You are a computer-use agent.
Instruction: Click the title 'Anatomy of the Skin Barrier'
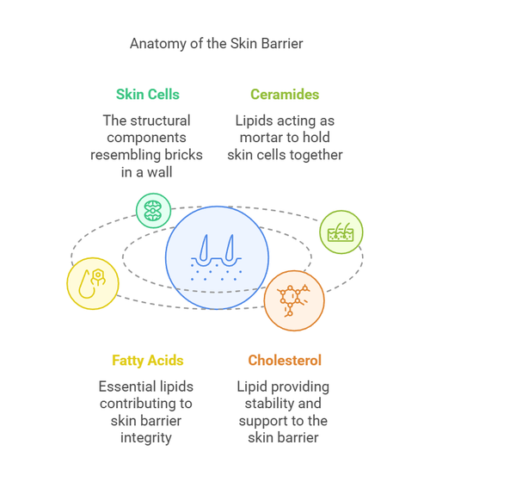[x=216, y=44]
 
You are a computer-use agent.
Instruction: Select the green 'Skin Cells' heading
[x=147, y=95]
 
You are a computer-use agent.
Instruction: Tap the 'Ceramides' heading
[x=285, y=95]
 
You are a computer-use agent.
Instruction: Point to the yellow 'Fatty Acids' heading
[x=148, y=361]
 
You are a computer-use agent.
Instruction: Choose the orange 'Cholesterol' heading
[x=285, y=361]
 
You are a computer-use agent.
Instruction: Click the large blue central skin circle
[x=217, y=257]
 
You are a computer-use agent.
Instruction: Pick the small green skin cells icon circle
[x=153, y=211]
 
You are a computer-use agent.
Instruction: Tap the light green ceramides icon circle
[x=341, y=232]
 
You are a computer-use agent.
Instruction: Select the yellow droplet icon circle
[x=93, y=283]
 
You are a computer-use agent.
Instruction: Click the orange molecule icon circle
[x=294, y=300]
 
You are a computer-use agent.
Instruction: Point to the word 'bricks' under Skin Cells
[x=183, y=155]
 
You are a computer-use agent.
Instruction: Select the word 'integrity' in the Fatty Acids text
[x=147, y=438]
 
